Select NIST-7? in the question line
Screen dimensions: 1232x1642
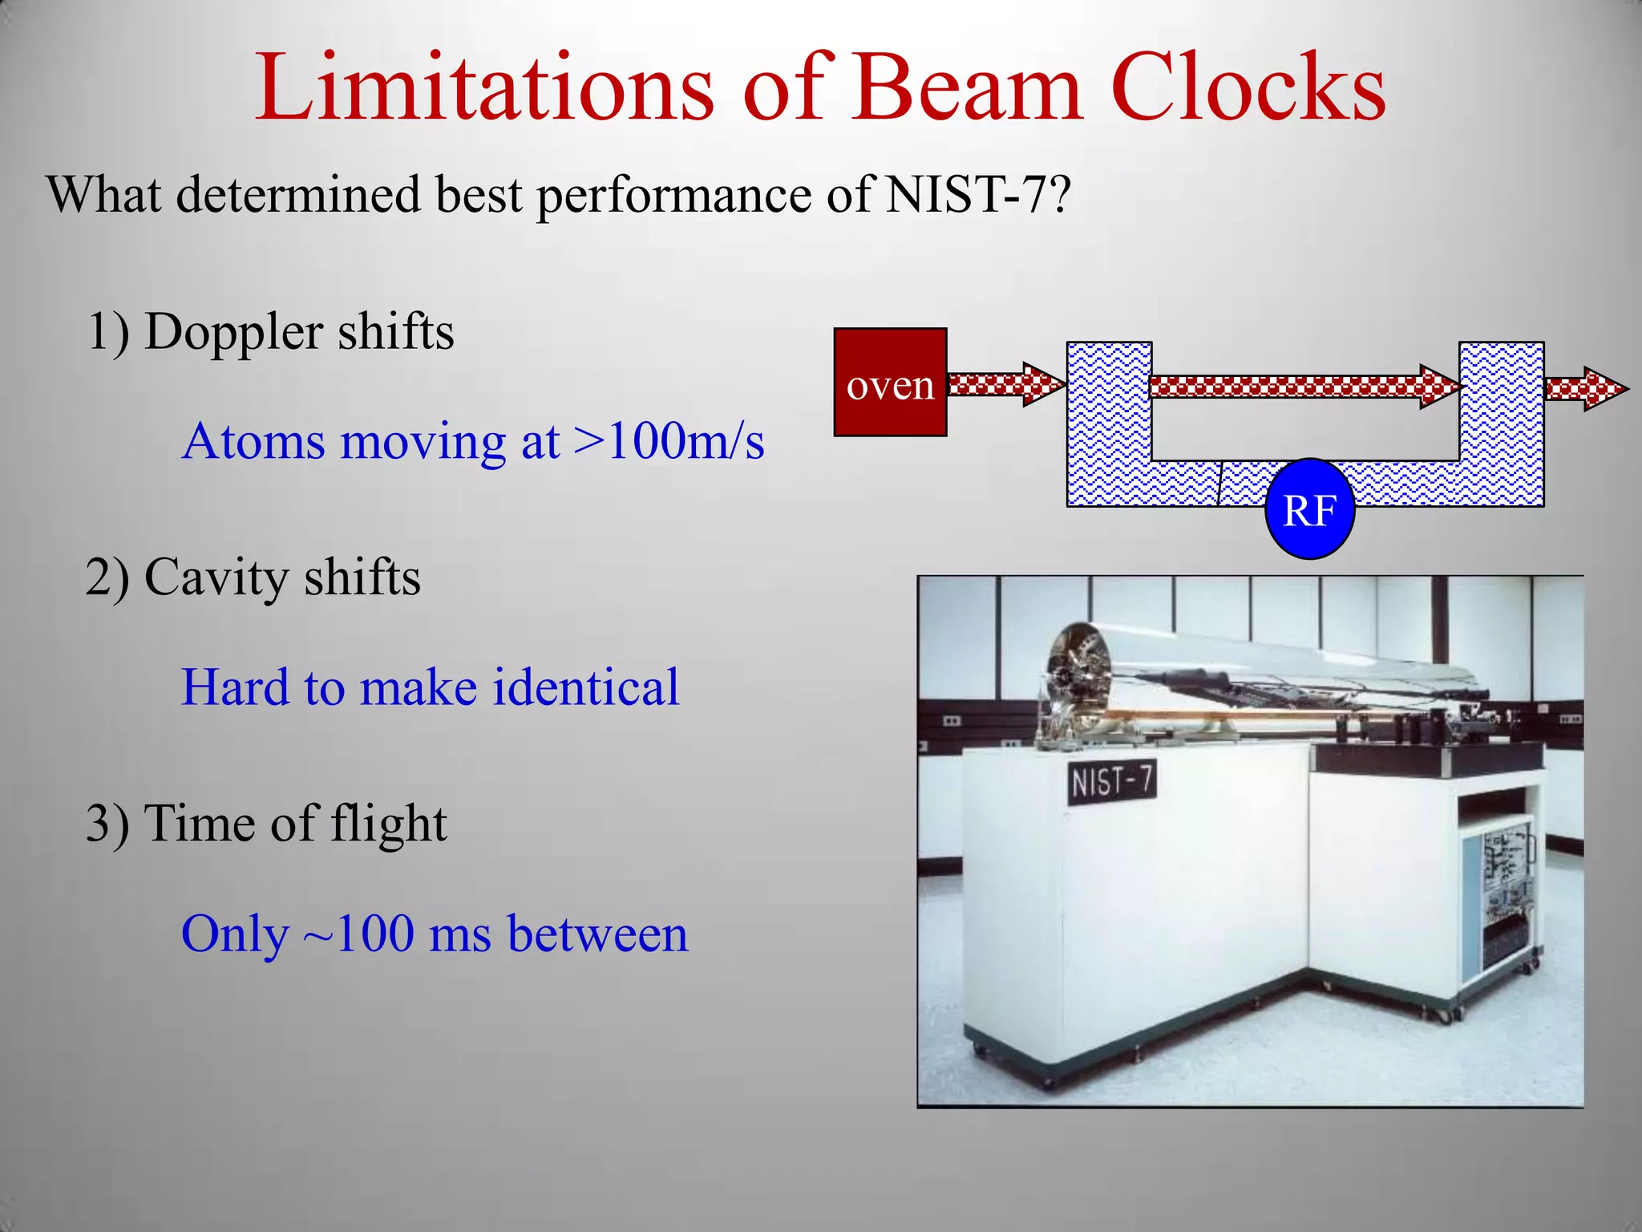click(977, 195)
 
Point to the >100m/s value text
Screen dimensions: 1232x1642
click(669, 441)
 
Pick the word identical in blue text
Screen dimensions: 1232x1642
click(585, 687)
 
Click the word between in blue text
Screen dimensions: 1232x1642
click(597, 934)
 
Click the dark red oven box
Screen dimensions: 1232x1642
click(890, 383)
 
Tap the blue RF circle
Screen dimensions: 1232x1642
click(1309, 509)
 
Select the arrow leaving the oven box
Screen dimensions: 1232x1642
click(1005, 384)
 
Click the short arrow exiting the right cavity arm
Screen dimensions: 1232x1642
click(1585, 389)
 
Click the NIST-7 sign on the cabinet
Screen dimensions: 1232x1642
click(1111, 780)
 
